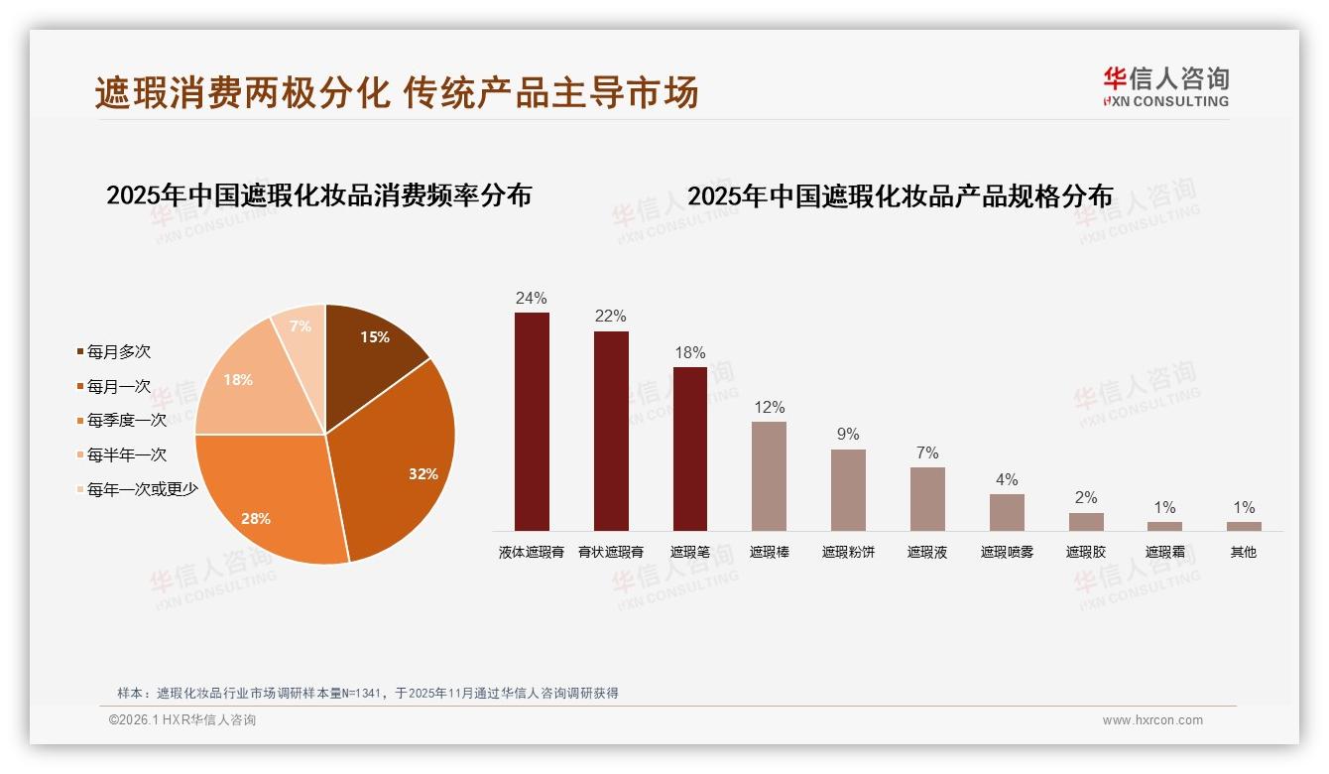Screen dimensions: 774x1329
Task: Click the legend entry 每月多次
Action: tap(118, 351)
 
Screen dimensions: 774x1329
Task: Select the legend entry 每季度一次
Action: tap(126, 420)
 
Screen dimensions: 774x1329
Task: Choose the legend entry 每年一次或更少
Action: tap(142, 488)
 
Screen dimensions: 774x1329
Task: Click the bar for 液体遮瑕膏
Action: tap(532, 422)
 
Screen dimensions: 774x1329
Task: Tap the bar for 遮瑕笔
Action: tap(690, 449)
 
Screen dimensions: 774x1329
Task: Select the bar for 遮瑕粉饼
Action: tap(848, 490)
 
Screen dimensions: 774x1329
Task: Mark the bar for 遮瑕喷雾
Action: tap(1007, 512)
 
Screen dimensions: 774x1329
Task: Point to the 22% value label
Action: tap(610, 317)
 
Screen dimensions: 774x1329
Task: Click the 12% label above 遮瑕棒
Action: tap(769, 407)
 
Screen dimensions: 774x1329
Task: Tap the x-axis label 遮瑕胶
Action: tap(1085, 552)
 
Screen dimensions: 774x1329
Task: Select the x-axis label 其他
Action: tap(1243, 552)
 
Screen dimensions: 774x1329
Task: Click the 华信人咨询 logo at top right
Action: tap(1165, 86)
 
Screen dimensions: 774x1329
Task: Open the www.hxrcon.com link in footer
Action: tap(1152, 720)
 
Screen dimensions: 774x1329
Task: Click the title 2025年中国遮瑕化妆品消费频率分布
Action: tap(318, 194)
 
